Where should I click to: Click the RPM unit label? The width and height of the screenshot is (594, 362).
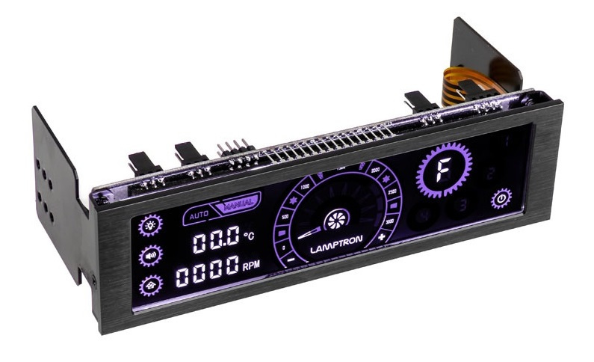(251, 266)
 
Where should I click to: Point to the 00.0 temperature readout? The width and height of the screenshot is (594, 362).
(215, 242)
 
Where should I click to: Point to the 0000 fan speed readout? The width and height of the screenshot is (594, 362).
(207, 274)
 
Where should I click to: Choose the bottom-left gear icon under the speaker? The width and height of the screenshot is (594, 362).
(151, 284)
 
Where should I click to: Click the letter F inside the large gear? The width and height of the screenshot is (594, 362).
(445, 169)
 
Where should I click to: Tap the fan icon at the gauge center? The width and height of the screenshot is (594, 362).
(336, 221)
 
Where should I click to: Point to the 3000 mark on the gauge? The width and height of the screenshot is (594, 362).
(389, 222)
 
